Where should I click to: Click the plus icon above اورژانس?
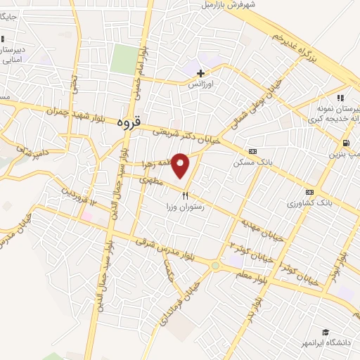pos(201,73)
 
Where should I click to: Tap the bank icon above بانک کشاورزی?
pos(309,192)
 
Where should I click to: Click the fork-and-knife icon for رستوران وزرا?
pos(185,195)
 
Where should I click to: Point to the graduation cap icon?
pos(326,332)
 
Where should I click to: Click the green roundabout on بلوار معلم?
pos(215,266)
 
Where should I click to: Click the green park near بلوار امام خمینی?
pos(124,60)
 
